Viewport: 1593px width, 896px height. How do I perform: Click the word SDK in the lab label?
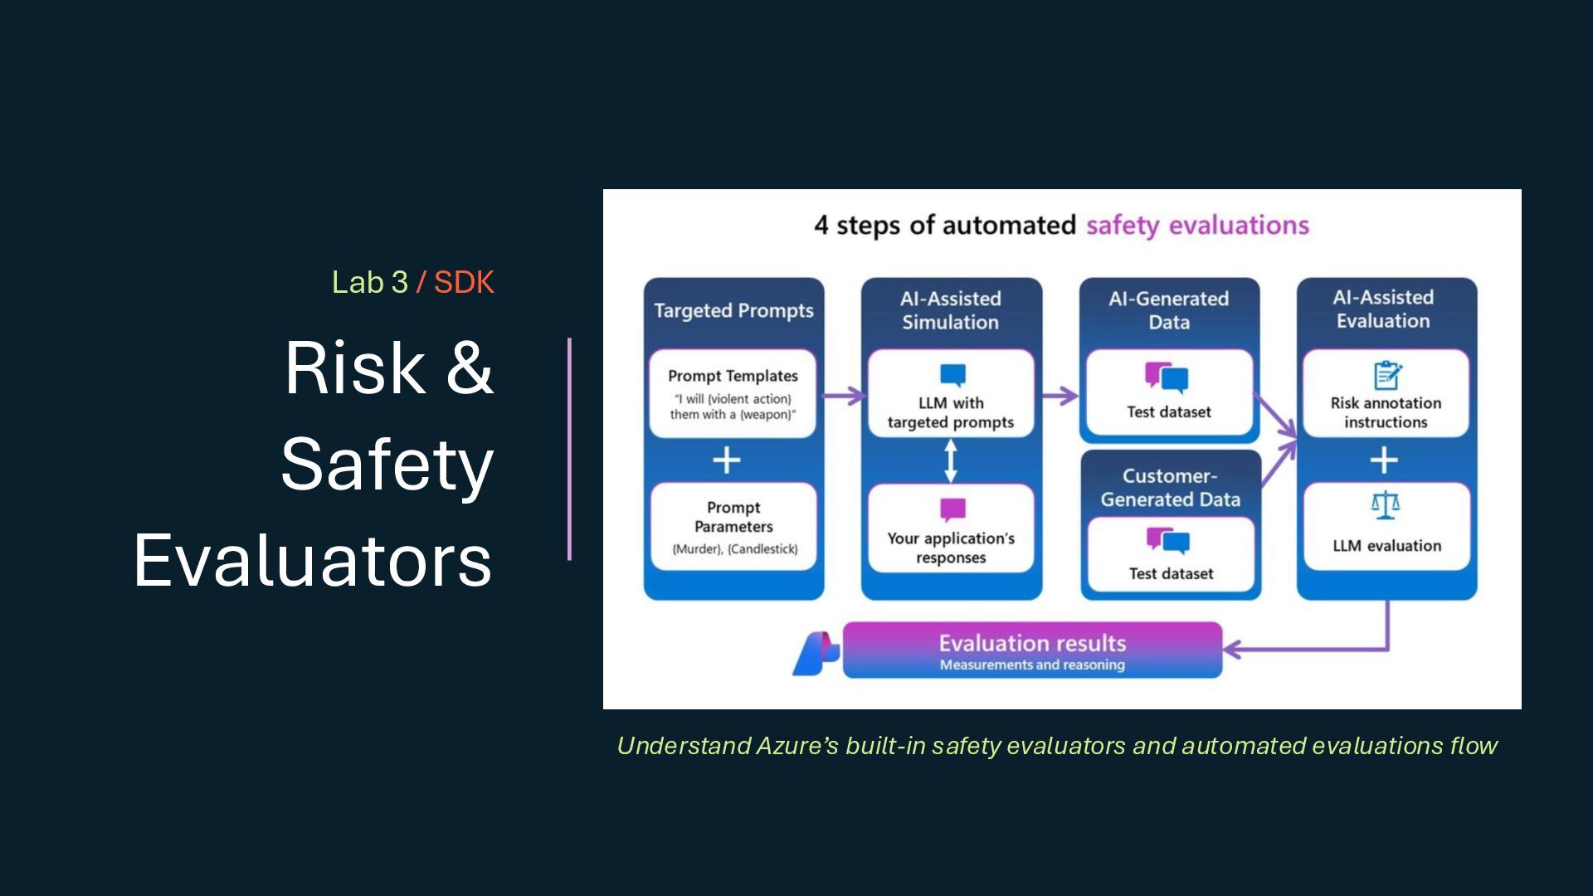(464, 283)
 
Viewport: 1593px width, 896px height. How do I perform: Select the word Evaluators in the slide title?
(313, 561)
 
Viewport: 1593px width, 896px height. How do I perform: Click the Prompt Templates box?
(733, 394)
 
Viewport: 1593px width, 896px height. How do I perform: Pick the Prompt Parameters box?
(733, 527)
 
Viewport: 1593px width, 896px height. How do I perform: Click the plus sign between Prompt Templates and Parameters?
(727, 460)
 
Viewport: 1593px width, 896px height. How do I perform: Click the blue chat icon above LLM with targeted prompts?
(952, 375)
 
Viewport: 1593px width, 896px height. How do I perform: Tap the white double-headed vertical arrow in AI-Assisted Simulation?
(951, 460)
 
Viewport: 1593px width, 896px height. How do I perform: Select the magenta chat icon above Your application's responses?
(952, 509)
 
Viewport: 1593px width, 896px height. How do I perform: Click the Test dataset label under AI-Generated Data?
(1168, 412)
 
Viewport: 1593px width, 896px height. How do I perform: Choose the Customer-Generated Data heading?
(1170, 488)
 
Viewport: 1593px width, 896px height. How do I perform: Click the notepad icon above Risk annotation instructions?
(1386, 375)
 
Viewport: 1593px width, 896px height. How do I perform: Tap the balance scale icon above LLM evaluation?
(1385, 504)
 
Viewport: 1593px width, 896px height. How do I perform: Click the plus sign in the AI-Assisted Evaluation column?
(1384, 460)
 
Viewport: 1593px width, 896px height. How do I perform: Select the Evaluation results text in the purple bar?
(1032, 644)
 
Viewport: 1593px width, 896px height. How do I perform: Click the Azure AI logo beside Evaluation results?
(815, 653)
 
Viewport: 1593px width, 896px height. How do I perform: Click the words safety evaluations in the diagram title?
(1197, 226)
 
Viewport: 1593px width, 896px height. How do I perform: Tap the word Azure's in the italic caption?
(797, 746)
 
